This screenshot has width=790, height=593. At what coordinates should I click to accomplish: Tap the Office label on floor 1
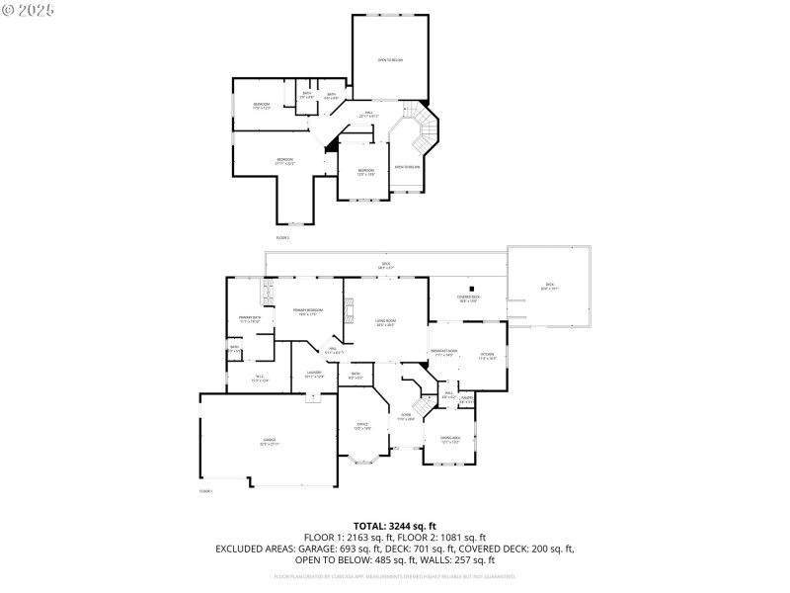pos(362,426)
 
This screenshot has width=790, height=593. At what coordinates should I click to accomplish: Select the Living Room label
pos(385,323)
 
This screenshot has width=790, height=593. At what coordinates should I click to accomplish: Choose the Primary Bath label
pos(249,319)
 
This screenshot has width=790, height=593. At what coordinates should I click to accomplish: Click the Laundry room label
pos(315,374)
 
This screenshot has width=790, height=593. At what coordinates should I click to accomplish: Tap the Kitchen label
pos(487,356)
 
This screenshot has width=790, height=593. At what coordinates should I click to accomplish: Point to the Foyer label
pos(405,417)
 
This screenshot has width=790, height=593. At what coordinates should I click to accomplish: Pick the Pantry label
pos(467,400)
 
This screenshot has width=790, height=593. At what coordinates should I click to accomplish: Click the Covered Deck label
pos(468,298)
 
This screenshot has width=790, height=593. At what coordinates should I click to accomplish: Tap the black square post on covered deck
pos(470,281)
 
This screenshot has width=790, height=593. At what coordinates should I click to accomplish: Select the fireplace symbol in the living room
pos(348,317)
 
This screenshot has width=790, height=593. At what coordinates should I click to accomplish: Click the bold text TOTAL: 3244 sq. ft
pos(395,526)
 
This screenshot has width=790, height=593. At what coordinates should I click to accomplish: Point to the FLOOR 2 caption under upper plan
pos(282,238)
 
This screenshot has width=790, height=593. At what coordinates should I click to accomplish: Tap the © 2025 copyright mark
pos(29,9)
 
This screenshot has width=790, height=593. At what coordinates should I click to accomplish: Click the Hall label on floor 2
pos(368,114)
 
